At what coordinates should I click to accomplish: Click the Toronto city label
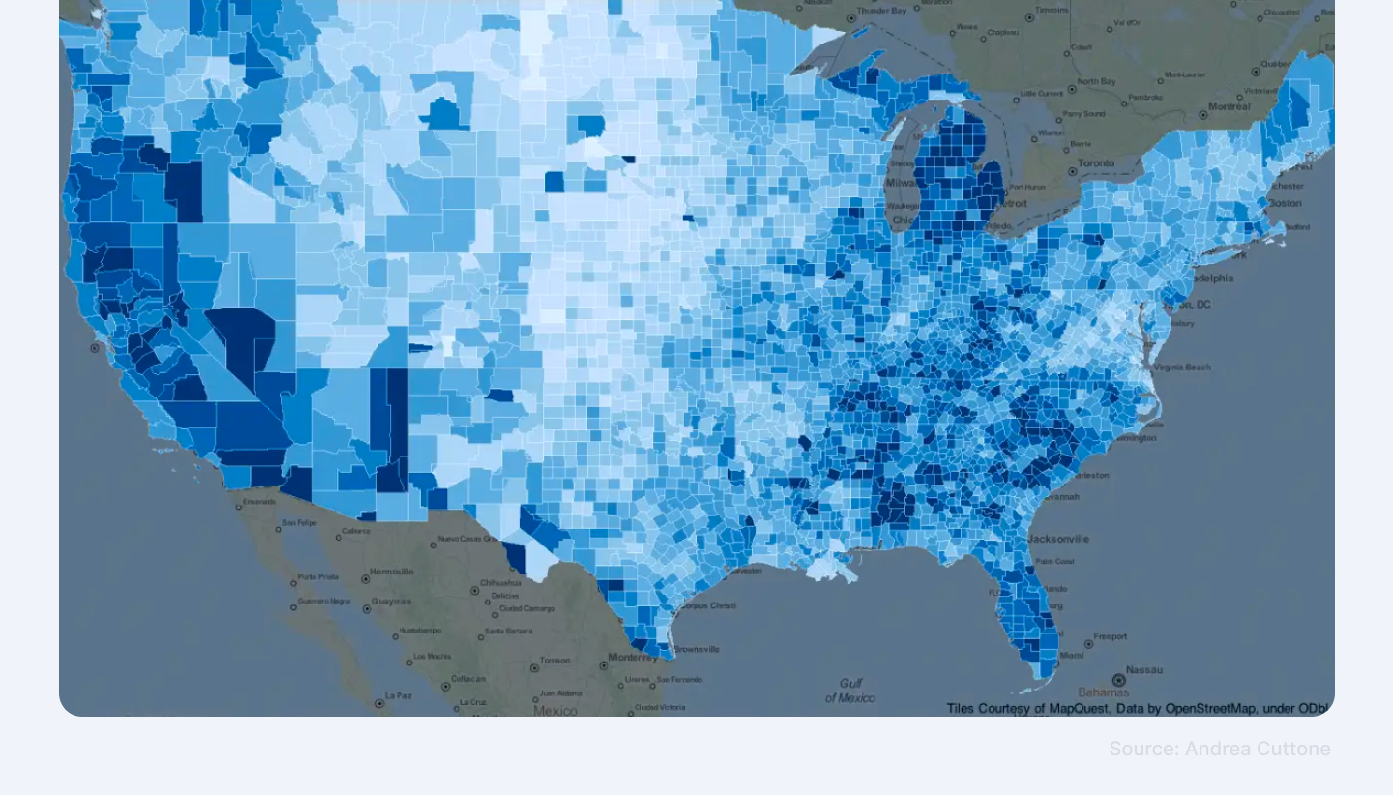(1096, 163)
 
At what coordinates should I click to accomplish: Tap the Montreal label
(1229, 106)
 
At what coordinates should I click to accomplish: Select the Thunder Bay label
(885, 11)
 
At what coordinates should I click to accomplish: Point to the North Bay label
(1096, 81)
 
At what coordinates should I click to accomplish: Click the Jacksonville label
(1058, 539)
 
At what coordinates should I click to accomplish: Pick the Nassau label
(1144, 669)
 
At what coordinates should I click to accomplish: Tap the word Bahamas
(1104, 692)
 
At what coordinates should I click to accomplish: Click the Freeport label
(1110, 637)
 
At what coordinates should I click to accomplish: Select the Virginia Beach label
(1181, 368)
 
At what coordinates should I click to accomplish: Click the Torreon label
(554, 661)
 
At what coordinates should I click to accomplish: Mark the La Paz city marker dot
(378, 695)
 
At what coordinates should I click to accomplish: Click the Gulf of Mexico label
(850, 690)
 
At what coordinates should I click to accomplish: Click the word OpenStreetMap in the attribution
(1210, 709)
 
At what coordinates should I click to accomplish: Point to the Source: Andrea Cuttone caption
(1219, 749)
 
